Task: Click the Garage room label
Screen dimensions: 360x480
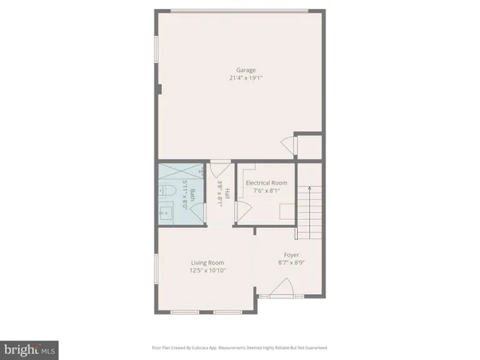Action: (x=240, y=70)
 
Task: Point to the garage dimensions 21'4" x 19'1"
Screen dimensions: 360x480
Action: (x=240, y=78)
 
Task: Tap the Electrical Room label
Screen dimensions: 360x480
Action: (x=267, y=182)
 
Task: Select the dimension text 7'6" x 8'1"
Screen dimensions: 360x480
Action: (x=267, y=190)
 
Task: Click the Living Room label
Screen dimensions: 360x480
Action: (x=208, y=262)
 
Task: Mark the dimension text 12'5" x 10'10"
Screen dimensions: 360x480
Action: (x=208, y=270)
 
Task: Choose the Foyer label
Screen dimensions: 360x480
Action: (x=291, y=255)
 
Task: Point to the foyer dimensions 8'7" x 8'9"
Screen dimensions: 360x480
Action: (x=291, y=262)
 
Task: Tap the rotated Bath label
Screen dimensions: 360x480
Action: (x=193, y=195)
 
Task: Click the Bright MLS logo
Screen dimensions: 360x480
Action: (x=29, y=349)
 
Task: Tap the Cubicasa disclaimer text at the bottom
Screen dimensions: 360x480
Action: (x=240, y=348)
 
